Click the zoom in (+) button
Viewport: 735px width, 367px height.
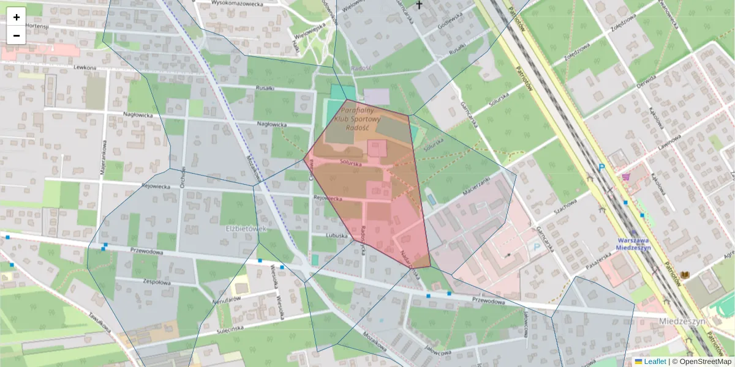point(17,17)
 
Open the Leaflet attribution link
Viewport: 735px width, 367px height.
point(654,361)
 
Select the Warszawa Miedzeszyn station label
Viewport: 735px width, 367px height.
point(633,243)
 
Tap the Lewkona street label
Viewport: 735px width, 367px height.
point(85,67)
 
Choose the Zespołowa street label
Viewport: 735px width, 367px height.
point(156,283)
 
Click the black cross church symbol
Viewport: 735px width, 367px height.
point(420,5)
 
